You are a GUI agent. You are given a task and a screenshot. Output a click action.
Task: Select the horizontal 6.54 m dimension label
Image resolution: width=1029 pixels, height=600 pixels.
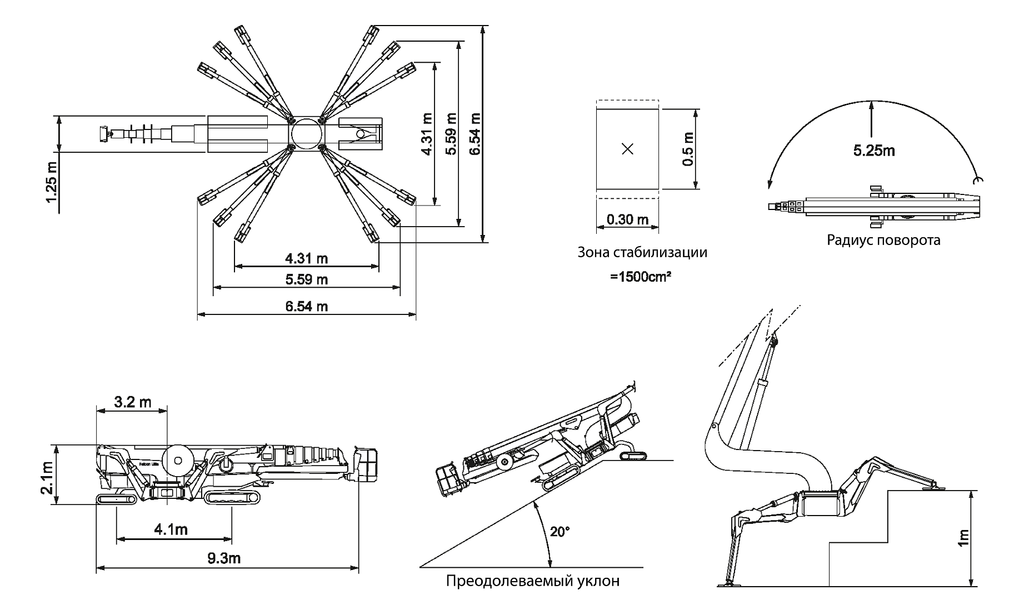306,306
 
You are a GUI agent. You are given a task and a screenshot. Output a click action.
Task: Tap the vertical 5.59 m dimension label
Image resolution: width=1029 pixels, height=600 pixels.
451,134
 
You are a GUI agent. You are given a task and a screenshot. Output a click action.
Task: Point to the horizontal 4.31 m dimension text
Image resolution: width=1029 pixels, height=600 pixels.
306,258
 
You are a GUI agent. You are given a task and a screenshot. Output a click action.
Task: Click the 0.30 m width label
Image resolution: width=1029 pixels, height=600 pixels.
627,219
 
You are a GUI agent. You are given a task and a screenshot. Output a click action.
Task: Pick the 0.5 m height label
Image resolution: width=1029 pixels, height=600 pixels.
688,149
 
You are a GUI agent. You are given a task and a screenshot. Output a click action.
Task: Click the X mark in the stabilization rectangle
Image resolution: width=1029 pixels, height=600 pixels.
627,149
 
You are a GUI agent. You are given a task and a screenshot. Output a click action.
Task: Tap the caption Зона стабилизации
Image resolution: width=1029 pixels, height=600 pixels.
642,253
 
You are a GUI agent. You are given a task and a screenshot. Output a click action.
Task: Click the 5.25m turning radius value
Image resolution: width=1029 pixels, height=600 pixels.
874,151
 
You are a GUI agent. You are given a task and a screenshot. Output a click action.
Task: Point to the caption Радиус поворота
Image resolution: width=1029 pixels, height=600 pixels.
883,240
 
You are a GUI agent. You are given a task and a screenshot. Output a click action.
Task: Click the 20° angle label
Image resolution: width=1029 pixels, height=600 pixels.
560,532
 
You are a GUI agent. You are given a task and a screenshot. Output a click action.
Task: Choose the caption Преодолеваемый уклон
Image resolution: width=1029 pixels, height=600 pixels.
532,582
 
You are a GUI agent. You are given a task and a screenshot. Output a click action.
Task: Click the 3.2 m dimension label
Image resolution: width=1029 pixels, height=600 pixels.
132,402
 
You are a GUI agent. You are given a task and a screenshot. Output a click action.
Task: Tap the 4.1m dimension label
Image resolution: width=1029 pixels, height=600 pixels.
171,529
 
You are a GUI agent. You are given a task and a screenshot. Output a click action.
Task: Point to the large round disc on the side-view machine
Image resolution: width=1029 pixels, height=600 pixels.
179,461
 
